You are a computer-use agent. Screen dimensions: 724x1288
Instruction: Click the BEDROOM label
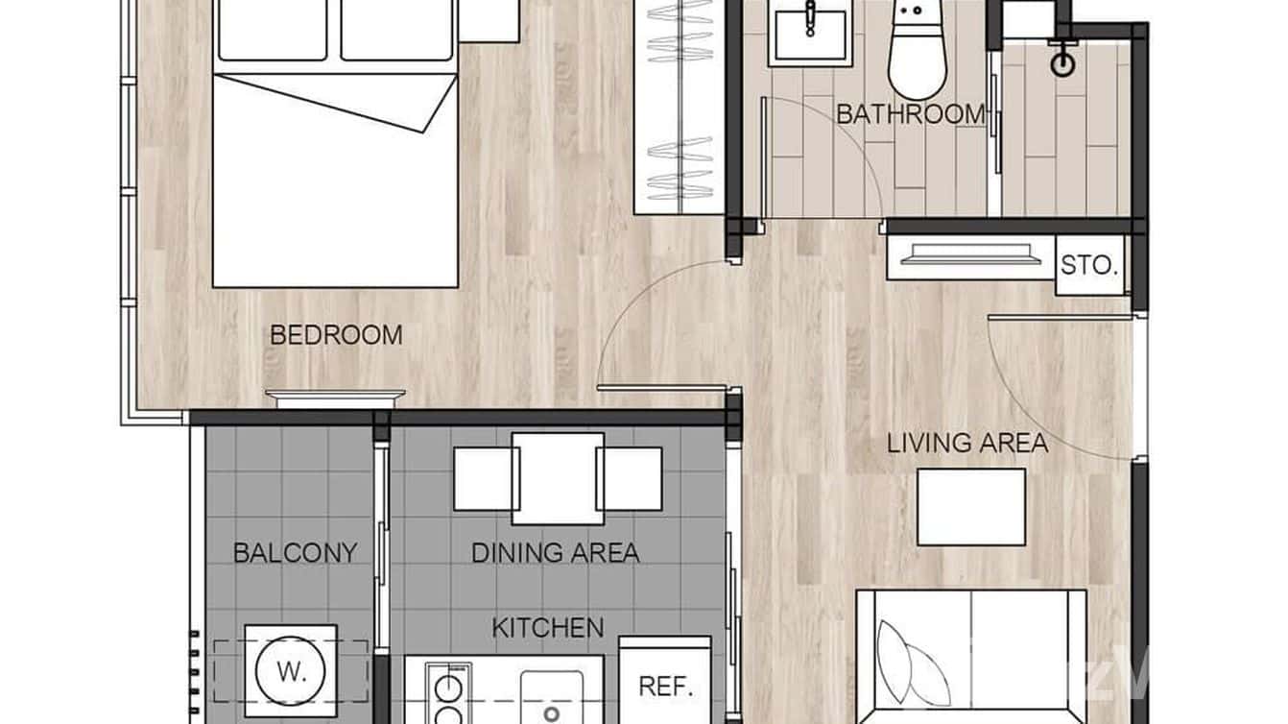[x=336, y=335]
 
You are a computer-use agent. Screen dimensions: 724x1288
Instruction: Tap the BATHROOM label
[x=911, y=113]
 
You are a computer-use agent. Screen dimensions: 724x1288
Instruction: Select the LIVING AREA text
[x=966, y=443]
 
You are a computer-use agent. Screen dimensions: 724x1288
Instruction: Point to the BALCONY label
[x=296, y=553]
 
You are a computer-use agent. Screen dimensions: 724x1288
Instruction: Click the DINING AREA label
[x=555, y=553]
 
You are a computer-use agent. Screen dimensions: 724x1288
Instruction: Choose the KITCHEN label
[x=548, y=628]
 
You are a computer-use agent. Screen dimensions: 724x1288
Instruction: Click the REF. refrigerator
[x=665, y=686]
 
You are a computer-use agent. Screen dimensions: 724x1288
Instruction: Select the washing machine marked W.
[x=290, y=671]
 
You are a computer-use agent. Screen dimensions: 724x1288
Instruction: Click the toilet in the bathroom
[x=918, y=53]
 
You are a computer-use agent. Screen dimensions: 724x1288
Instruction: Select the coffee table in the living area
[x=970, y=506]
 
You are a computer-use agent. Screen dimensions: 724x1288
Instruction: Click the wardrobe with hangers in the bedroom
[x=680, y=106]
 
